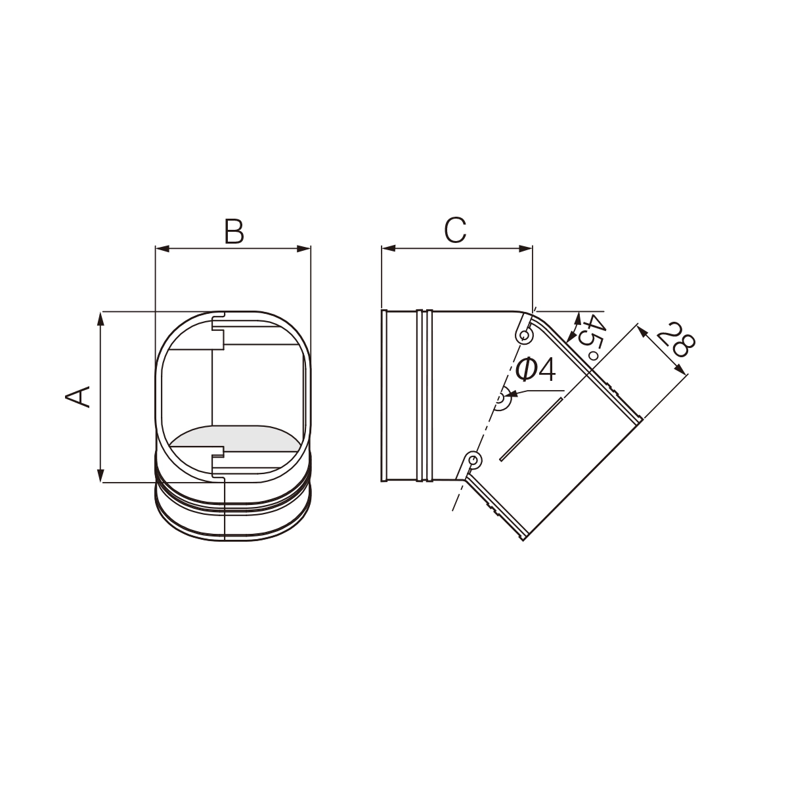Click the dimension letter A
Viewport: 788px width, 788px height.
(x=78, y=397)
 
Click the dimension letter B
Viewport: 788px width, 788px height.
(x=234, y=231)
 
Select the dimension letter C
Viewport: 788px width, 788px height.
(x=455, y=230)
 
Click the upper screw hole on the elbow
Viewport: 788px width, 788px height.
(x=524, y=336)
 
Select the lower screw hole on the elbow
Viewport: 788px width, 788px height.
(x=472, y=460)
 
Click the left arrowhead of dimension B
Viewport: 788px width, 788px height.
(x=160, y=249)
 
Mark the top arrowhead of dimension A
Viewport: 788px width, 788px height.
(x=100, y=317)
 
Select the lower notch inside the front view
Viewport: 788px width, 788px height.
(x=218, y=460)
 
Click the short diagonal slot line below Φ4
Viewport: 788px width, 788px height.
(x=531, y=429)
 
